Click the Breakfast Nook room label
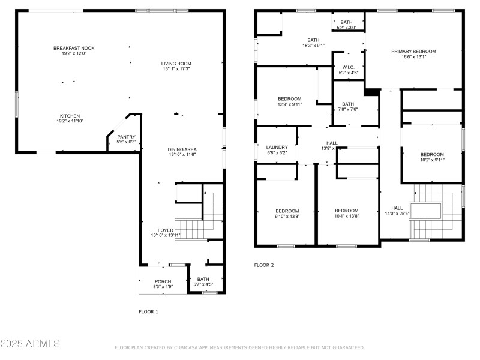point(74,48)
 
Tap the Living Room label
point(176,64)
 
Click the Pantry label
point(126,137)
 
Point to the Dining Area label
point(182,149)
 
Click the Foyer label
point(165,230)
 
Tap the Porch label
point(163,281)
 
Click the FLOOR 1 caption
point(149,311)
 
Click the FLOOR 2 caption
point(264,265)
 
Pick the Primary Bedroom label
point(413,52)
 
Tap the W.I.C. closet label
point(348,67)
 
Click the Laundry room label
point(277,147)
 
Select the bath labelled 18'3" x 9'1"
point(313,40)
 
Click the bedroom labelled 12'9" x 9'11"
point(289,98)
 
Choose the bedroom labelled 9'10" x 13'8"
point(287,211)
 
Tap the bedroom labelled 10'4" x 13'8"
point(346,211)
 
